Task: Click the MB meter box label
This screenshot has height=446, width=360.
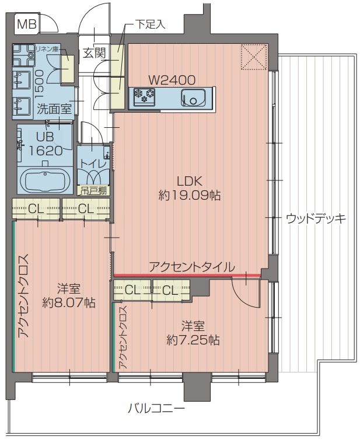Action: (26, 25)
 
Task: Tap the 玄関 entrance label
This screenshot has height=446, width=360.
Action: (93, 53)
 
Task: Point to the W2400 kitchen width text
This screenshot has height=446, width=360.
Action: (172, 81)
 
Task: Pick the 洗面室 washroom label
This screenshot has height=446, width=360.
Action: (54, 108)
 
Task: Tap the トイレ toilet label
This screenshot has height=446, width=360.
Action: (94, 164)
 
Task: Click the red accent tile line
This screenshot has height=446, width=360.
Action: (187, 275)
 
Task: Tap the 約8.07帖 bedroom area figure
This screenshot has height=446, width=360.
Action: (69, 303)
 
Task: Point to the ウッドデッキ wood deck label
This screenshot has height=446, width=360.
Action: (316, 219)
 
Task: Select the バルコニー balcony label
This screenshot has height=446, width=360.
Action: (156, 409)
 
